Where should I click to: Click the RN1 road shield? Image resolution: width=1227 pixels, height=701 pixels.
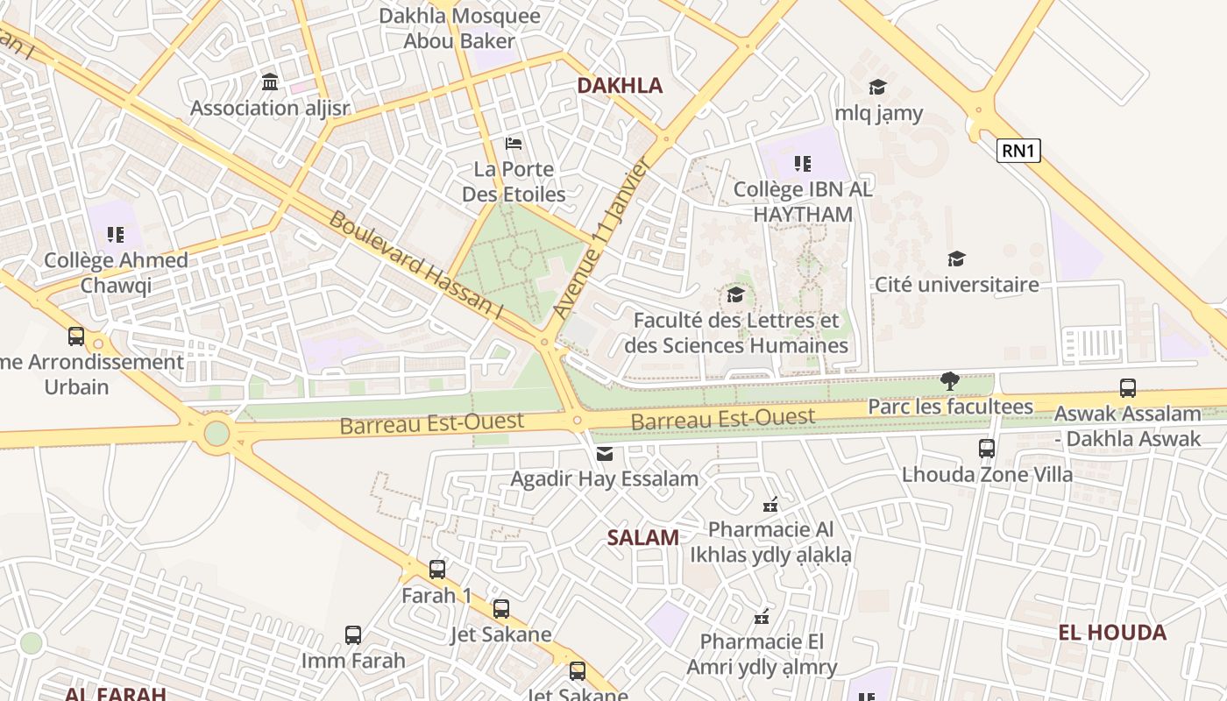tap(1018, 151)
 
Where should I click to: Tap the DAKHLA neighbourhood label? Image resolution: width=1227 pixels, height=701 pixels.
tap(620, 85)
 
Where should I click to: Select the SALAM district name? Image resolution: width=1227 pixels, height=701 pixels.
tap(643, 538)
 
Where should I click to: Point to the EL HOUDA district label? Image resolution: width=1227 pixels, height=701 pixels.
tap(1112, 633)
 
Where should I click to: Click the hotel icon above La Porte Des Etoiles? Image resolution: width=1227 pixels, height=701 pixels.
tap(514, 143)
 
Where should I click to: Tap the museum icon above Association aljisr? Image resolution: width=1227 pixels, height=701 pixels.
tap(270, 82)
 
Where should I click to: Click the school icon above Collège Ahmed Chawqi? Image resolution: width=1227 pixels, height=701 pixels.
tap(116, 235)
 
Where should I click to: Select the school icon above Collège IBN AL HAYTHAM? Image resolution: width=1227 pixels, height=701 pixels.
tap(802, 163)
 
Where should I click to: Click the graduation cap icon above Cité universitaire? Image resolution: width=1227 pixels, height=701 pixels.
tap(956, 258)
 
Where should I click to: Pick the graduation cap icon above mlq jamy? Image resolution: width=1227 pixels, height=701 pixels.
tap(877, 87)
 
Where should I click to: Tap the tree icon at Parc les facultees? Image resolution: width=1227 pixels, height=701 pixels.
tap(949, 380)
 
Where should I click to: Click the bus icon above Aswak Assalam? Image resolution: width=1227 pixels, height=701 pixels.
tap(1128, 387)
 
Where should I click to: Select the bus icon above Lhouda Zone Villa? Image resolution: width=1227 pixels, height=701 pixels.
tap(987, 449)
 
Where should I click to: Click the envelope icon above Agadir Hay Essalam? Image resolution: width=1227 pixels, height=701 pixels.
tap(604, 453)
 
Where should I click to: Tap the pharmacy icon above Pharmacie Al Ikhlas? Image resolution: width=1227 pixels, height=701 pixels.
tap(770, 504)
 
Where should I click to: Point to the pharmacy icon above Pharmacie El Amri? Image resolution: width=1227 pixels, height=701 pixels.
tap(762, 616)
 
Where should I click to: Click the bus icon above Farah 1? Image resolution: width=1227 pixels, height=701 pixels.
tap(437, 570)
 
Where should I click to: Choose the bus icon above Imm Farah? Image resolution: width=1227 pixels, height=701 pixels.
tap(353, 635)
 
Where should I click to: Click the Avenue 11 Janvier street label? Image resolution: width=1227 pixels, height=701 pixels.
tap(601, 238)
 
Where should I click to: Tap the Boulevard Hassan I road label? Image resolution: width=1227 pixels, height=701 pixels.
tap(415, 265)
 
